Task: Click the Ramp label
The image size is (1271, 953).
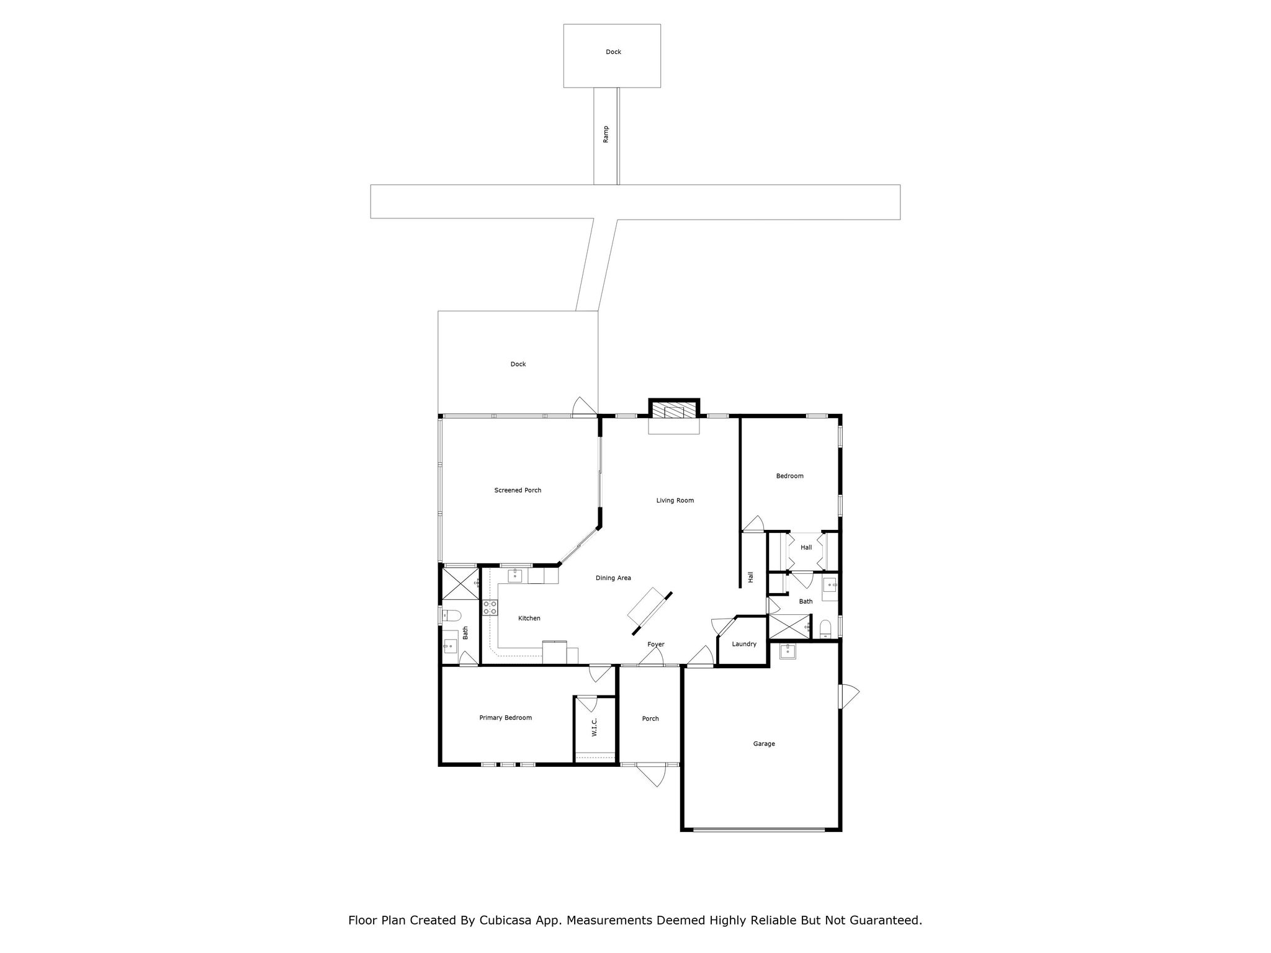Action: pyautogui.click(x=606, y=135)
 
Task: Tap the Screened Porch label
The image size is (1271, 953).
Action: pyautogui.click(x=518, y=490)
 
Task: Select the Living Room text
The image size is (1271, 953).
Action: pyautogui.click(x=675, y=500)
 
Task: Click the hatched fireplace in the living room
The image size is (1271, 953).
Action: pyautogui.click(x=674, y=412)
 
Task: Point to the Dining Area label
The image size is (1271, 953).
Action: pyautogui.click(x=613, y=578)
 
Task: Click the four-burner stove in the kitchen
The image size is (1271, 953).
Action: pyautogui.click(x=490, y=607)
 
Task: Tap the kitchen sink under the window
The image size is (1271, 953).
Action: pyautogui.click(x=515, y=576)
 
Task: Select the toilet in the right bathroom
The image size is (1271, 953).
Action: pyautogui.click(x=825, y=629)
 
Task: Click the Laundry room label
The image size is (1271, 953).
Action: pyautogui.click(x=744, y=644)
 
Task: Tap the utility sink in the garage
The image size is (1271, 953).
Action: pyautogui.click(x=788, y=651)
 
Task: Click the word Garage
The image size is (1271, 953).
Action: pyautogui.click(x=764, y=744)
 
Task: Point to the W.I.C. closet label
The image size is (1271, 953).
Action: pyautogui.click(x=594, y=727)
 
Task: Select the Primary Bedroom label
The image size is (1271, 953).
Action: pyautogui.click(x=505, y=718)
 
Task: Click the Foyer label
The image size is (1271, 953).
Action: pyautogui.click(x=656, y=645)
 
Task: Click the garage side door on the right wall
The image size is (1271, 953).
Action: pyautogui.click(x=848, y=696)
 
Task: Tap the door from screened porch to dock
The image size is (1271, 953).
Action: pyautogui.click(x=584, y=408)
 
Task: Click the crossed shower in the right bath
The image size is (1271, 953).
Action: pyautogui.click(x=789, y=627)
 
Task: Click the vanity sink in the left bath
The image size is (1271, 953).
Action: pyautogui.click(x=450, y=646)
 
